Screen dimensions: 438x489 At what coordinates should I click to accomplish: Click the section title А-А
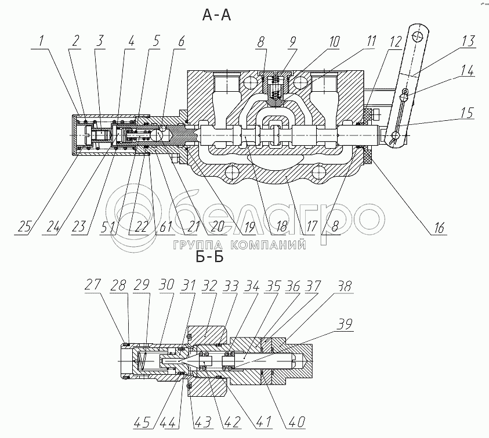217,16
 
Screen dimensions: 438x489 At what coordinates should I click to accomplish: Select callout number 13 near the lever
468,41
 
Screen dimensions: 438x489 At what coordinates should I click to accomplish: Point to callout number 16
439,228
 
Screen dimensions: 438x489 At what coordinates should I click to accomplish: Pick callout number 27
93,285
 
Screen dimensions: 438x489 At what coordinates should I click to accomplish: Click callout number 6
181,41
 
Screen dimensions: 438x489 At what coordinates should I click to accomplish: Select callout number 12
395,41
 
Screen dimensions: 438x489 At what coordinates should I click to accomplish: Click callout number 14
468,73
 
